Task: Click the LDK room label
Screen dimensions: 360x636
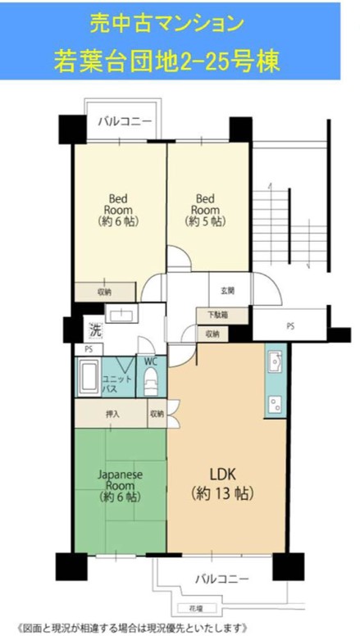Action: tap(222, 483)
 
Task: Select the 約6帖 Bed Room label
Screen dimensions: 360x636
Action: tap(118, 210)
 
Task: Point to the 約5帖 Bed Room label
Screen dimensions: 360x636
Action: tap(205, 210)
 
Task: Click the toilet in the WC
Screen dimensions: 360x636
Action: tap(151, 381)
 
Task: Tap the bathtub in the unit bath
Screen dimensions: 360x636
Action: tap(89, 377)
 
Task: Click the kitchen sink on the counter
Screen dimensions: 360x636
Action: tap(276, 361)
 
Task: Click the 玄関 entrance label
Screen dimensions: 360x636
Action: tap(228, 290)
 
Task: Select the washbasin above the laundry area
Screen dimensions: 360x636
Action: tap(121, 313)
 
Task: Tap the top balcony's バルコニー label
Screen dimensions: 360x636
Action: tap(124, 121)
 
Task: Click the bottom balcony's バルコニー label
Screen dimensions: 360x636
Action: tap(221, 579)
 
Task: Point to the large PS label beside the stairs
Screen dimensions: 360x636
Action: tap(290, 325)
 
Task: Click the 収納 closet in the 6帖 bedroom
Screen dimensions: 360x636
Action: tap(105, 292)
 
